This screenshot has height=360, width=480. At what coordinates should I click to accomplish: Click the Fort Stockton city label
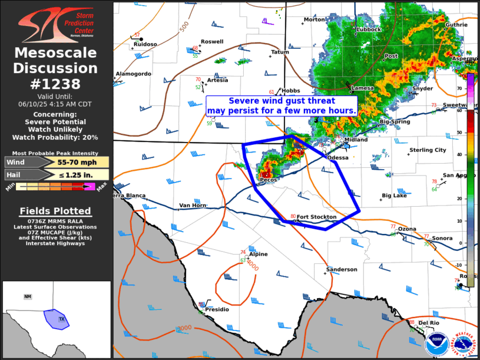click(316, 217)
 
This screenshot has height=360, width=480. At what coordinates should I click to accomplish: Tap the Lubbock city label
click(369, 29)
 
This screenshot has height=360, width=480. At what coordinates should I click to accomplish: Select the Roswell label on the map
click(212, 42)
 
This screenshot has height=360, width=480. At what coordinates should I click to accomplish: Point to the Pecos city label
click(269, 180)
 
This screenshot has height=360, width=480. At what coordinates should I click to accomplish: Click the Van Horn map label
click(193, 206)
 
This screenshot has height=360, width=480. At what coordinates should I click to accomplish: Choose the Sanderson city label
click(342, 269)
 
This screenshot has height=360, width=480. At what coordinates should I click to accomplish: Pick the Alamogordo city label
click(134, 74)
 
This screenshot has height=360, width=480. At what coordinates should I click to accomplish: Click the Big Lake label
click(394, 195)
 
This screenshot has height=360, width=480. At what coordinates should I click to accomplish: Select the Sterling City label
click(428, 150)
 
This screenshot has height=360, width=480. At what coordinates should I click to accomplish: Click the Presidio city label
click(217, 309)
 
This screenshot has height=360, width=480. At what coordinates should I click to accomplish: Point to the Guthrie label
click(456, 25)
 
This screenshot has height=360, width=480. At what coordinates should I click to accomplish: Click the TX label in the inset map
click(62, 319)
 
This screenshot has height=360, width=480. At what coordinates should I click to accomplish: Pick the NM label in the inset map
click(28, 296)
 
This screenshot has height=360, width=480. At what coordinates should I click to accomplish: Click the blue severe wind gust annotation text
click(282, 105)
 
